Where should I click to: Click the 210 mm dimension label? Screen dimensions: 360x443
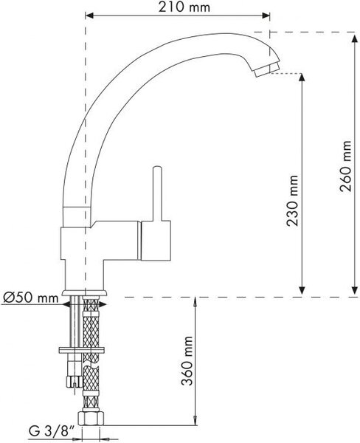tap(184, 7)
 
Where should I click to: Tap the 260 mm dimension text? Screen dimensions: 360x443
tap(346, 166)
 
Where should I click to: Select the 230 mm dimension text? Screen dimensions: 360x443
tap(292, 201)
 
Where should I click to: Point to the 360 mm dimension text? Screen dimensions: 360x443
tap(187, 361)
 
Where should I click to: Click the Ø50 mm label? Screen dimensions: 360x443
tap(31, 298)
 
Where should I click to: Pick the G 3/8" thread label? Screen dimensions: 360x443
tap(52, 431)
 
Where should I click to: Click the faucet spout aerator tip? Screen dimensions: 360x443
tap(266, 69)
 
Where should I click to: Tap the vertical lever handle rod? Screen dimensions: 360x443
tap(157, 193)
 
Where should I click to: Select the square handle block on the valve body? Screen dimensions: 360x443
tap(156, 240)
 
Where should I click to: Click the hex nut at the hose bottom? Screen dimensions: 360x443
tap(91, 418)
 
